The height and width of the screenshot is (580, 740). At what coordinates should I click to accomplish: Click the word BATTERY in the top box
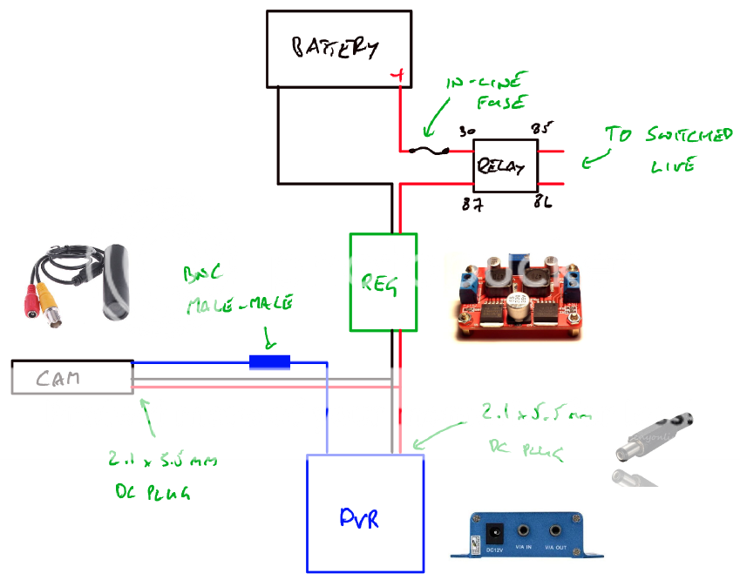[x=336, y=47]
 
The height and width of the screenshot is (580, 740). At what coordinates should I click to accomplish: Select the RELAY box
[x=505, y=165]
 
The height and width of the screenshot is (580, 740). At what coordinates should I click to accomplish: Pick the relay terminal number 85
[x=542, y=130]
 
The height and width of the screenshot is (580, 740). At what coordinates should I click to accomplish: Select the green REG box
[x=383, y=281]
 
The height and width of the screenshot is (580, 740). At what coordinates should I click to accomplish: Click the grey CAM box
[x=71, y=377]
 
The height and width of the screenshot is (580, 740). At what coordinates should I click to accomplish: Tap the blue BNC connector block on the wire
[x=269, y=361]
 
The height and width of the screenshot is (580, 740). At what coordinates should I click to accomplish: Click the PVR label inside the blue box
[x=359, y=517]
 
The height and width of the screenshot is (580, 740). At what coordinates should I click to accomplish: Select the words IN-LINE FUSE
[x=487, y=92]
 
